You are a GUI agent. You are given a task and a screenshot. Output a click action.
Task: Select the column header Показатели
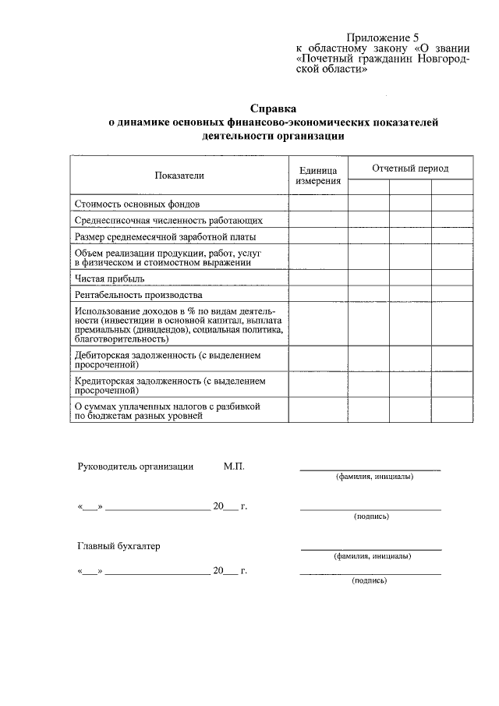(x=179, y=176)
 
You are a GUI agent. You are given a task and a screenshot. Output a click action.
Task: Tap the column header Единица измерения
(x=318, y=176)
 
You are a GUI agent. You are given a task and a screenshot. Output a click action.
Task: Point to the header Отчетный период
(x=410, y=169)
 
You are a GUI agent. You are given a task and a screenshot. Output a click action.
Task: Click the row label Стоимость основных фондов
(x=128, y=204)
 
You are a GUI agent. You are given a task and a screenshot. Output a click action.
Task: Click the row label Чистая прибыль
(x=109, y=278)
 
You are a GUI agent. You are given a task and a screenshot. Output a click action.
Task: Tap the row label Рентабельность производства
(x=138, y=295)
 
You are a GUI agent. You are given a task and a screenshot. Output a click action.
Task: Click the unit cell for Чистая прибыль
(x=318, y=278)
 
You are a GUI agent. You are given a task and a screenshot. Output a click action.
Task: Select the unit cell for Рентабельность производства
(x=318, y=295)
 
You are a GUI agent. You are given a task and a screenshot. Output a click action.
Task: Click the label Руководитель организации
(x=136, y=467)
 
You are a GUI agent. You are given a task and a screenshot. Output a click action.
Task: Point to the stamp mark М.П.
(x=234, y=467)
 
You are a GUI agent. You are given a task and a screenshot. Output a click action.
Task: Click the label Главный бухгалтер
(x=119, y=546)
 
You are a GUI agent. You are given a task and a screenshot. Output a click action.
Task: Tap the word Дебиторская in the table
(x=104, y=355)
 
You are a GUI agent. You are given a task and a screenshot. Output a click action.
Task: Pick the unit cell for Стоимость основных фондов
(x=318, y=204)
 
